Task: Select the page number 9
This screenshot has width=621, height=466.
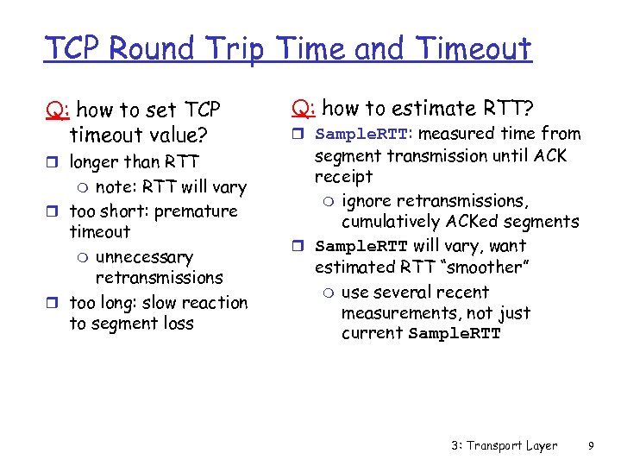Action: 591,445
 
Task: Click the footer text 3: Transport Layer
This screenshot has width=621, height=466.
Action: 504,445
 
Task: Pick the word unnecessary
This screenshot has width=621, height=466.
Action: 144,257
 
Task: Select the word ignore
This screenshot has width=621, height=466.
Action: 368,201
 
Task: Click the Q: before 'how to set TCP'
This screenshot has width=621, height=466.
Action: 58,110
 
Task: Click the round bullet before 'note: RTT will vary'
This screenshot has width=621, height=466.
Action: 82,187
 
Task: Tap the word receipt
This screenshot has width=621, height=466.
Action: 343,177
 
